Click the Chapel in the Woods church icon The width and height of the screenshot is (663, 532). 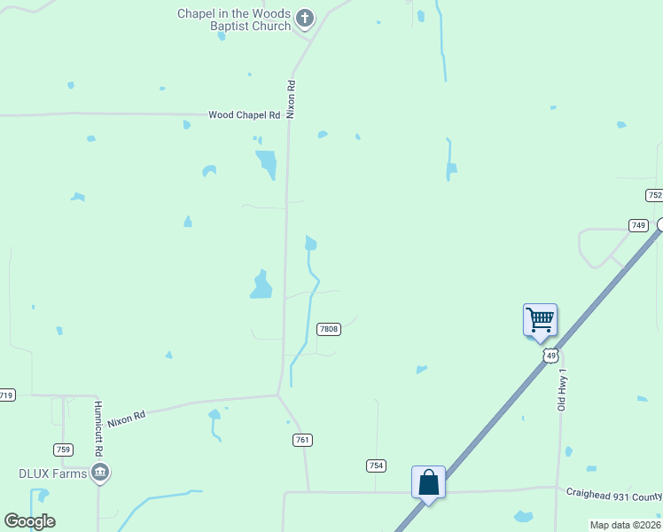click(x=305, y=17)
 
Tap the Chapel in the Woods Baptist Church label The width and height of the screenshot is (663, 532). click(x=234, y=20)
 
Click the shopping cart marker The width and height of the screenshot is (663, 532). click(x=540, y=320)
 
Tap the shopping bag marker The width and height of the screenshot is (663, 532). click(x=428, y=483)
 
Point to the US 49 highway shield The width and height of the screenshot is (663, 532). click(x=550, y=356)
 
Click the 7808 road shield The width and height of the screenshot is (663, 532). click(x=329, y=329)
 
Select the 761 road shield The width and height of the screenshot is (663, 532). click(x=303, y=440)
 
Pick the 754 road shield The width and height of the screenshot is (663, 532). click(x=377, y=465)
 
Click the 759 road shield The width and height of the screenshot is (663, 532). click(x=63, y=450)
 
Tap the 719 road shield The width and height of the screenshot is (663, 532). click(x=7, y=395)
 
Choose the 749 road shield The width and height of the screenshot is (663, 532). click(x=638, y=225)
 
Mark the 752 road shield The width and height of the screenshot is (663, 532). click(x=654, y=195)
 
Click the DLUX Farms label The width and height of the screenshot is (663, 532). click(x=53, y=473)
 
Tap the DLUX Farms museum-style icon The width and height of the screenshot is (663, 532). click(x=100, y=473)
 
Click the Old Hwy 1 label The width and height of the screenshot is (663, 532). click(x=561, y=390)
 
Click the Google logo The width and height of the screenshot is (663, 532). click(x=29, y=521)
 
